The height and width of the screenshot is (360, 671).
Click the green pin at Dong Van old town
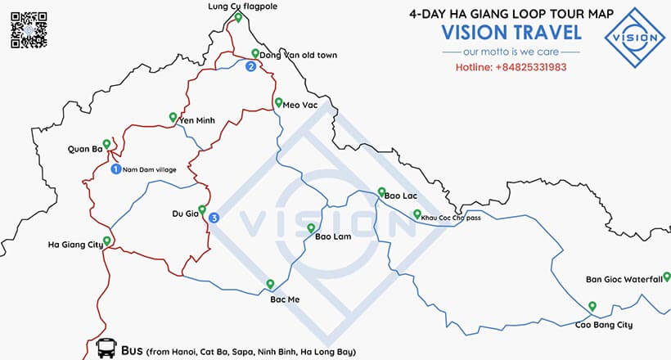pyautogui.click(x=255, y=54)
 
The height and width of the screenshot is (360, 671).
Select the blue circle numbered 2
pyautogui.click(x=250, y=67)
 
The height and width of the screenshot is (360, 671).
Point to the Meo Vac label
pyautogui.click(x=299, y=105)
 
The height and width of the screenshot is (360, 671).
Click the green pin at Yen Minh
pyautogui.click(x=172, y=116)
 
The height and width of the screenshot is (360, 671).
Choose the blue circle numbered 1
pyautogui.click(x=115, y=169)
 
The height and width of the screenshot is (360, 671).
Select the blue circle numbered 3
pyautogui.click(x=214, y=218)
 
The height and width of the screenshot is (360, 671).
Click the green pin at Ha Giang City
pyautogui.click(x=106, y=241)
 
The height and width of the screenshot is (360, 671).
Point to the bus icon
pyautogui.click(x=106, y=349)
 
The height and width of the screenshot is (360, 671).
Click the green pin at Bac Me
pyautogui.click(x=270, y=284)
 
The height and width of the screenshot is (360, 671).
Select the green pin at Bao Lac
pyautogui.click(x=381, y=192)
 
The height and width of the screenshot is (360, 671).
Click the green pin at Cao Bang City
pyautogui.click(x=592, y=306)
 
